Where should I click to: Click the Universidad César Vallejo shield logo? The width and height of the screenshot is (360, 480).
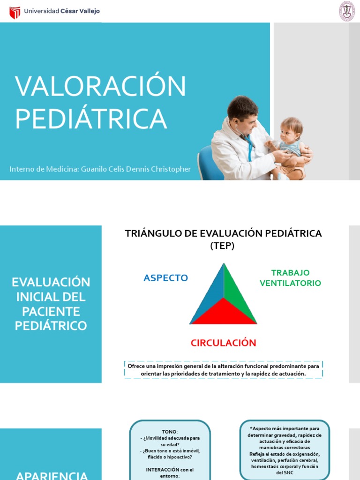tap(15, 12)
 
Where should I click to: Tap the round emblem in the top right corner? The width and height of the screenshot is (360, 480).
tap(346, 11)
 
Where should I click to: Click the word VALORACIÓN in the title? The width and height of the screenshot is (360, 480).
tap(100, 87)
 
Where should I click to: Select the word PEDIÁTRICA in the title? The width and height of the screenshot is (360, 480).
tap(91, 119)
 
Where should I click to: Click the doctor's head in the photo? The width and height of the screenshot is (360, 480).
tap(243, 112)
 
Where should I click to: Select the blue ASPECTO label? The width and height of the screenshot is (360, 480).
tap(165, 278)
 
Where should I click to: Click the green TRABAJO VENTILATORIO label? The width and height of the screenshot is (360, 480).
tap(290, 278)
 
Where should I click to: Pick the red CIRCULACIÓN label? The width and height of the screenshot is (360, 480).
tap(223, 343)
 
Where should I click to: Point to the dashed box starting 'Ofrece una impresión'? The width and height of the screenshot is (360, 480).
tap(224, 369)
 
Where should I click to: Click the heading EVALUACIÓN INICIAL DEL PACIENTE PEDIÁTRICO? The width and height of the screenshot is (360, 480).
tap(51, 304)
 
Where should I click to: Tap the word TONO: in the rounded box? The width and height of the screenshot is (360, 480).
tap(170, 431)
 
